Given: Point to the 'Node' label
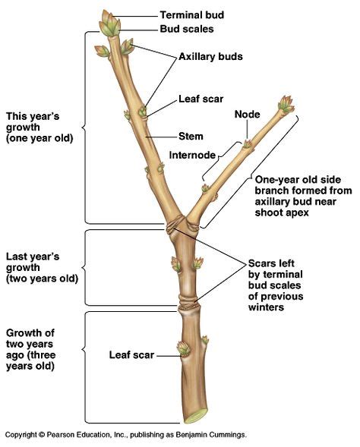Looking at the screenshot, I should (248, 115).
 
